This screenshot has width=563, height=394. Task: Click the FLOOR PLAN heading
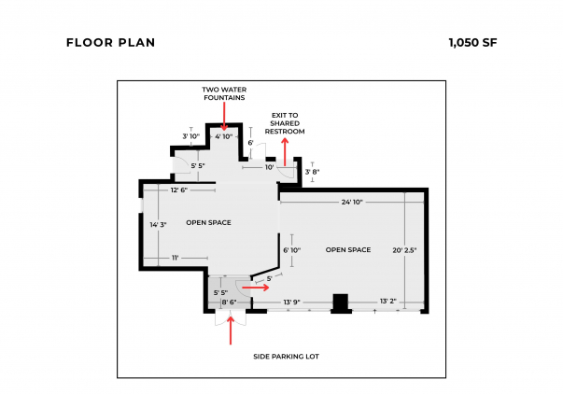tap(110, 43)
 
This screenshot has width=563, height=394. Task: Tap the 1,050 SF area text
tap(472, 43)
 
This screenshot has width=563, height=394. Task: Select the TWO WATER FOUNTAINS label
tap(224, 93)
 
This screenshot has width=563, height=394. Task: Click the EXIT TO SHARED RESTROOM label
tap(285, 123)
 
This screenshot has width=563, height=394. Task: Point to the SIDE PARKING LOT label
tap(286, 357)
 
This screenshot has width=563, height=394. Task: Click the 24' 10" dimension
tap(352, 203)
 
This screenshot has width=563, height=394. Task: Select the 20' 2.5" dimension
tap(404, 250)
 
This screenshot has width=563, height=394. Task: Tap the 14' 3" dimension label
tap(159, 225)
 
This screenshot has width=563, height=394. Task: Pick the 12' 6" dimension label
tap(179, 190)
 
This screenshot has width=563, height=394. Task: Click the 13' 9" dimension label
tap(292, 303)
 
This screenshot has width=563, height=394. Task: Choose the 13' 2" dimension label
tap(388, 301)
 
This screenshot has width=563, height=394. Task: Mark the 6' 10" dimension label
tap(292, 250)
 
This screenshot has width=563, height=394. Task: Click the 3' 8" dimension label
tap(313, 172)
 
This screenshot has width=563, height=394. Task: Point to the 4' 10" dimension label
tap(224, 136)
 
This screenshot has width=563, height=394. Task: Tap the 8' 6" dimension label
tap(229, 303)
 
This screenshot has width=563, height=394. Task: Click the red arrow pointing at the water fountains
tap(224, 116)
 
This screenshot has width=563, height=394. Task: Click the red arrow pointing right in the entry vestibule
tap(255, 288)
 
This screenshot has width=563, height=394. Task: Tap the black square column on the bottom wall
tap(341, 303)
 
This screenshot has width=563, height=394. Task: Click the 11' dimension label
tap(176, 258)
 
